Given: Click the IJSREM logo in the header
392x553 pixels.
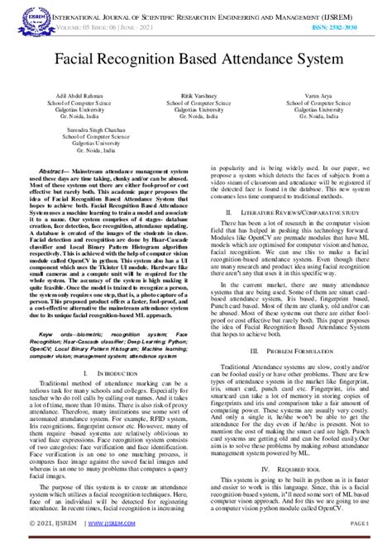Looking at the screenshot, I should pyautogui.click(x=34, y=18).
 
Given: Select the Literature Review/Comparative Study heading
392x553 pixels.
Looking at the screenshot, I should pyautogui.click(x=288, y=211).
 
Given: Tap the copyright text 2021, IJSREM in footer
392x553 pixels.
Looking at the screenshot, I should pyautogui.click(x=54, y=546).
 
